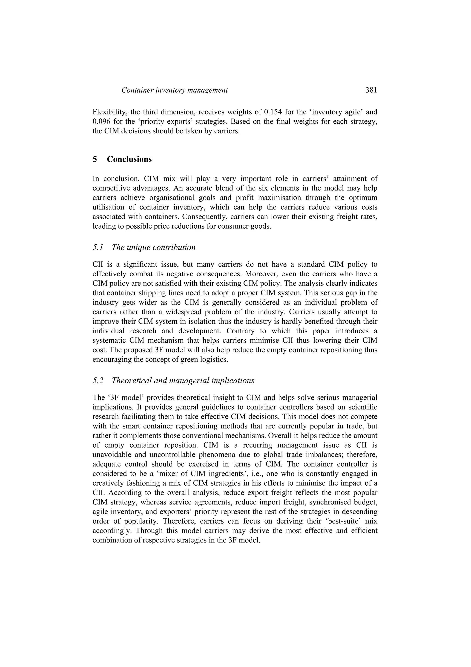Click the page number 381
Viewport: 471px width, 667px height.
click(371, 90)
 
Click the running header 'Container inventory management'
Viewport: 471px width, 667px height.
click(174, 90)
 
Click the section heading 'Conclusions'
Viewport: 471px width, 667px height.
click(129, 159)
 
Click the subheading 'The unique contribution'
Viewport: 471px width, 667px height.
click(154, 248)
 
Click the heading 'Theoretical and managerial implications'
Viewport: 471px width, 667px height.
click(183, 381)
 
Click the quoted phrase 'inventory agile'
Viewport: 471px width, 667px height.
click(331, 112)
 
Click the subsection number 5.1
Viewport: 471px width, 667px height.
click(98, 248)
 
